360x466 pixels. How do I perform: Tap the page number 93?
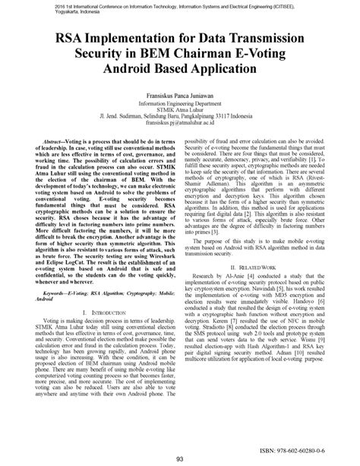point(180,458)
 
